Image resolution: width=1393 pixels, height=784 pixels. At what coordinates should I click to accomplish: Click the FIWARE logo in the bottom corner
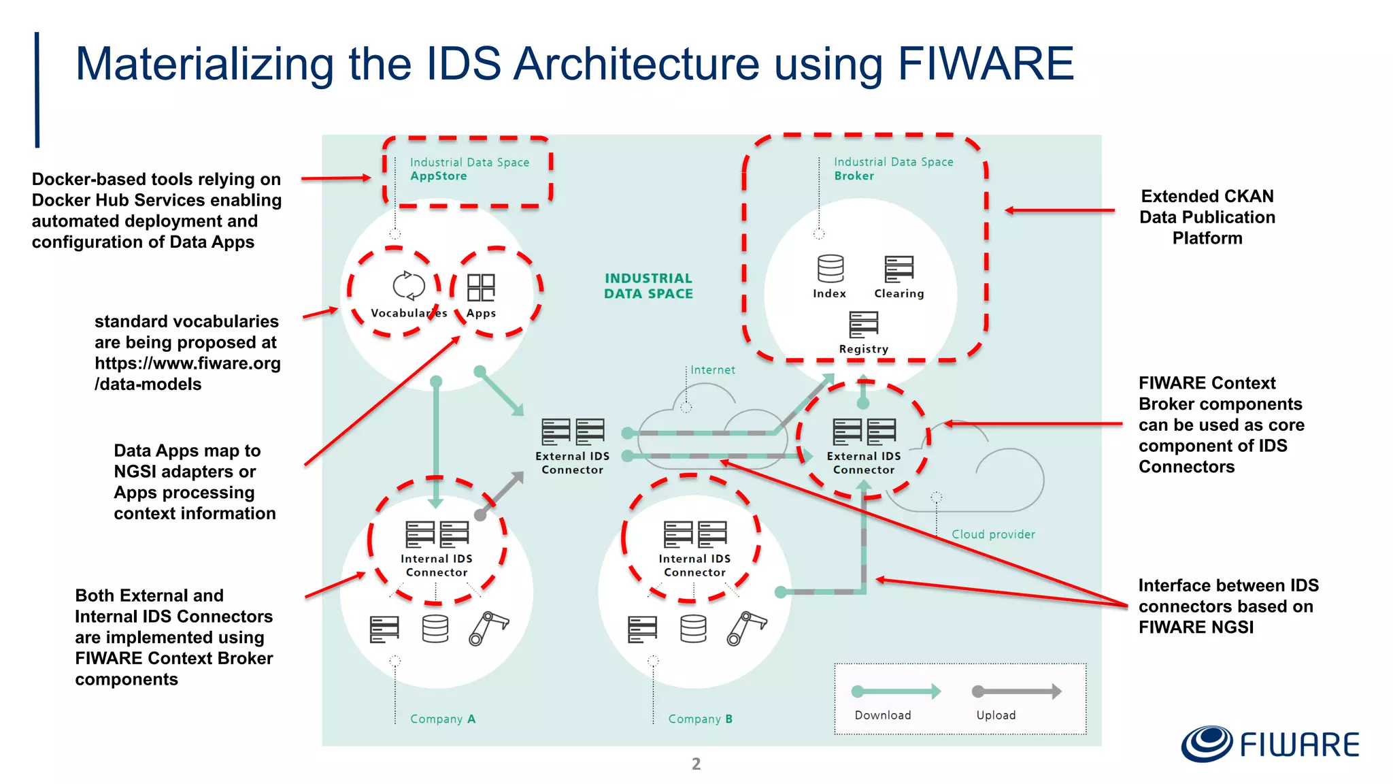(1269, 744)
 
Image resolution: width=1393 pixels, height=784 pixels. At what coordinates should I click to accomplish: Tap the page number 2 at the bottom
(696, 764)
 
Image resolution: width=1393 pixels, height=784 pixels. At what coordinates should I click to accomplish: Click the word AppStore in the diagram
(439, 176)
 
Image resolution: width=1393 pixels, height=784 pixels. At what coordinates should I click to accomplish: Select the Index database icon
(830, 269)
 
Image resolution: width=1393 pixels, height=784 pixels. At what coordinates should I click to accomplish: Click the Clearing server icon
(899, 269)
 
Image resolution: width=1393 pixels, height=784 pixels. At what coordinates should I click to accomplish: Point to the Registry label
(863, 349)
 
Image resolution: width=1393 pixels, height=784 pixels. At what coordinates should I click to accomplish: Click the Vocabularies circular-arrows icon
(409, 286)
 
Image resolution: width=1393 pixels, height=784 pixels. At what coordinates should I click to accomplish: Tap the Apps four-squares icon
(481, 287)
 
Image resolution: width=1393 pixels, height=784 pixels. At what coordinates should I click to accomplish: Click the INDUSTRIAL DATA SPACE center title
(648, 287)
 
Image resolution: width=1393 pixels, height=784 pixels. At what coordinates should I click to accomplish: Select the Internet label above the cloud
(712, 370)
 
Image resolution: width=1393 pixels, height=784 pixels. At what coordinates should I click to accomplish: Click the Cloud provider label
(993, 535)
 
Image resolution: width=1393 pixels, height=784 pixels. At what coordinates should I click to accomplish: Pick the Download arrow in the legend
(896, 691)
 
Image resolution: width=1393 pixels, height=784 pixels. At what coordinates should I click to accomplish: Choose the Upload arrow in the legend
(1016, 691)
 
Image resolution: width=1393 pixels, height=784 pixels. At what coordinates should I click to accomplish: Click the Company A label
(442, 719)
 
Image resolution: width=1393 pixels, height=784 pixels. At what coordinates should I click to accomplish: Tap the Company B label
(700, 719)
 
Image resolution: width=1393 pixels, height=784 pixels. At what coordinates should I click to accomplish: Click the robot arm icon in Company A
(488, 628)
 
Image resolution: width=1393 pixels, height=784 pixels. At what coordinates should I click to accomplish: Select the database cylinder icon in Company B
(693, 629)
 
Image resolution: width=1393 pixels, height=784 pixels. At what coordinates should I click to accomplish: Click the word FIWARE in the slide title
(986, 64)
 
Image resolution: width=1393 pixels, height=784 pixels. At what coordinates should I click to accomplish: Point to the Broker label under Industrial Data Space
(854, 176)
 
